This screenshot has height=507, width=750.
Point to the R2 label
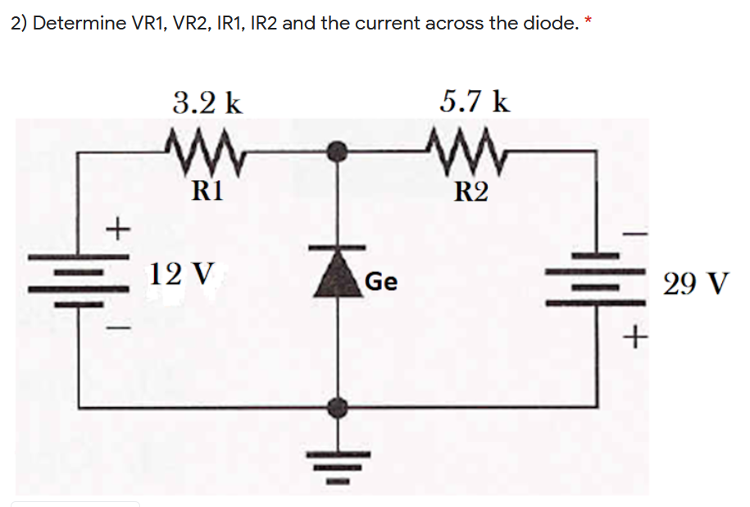click(471, 192)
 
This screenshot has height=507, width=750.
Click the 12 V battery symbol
click(79, 278)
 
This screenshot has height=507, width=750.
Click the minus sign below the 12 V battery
click(120, 328)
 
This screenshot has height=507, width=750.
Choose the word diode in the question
click(538, 22)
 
